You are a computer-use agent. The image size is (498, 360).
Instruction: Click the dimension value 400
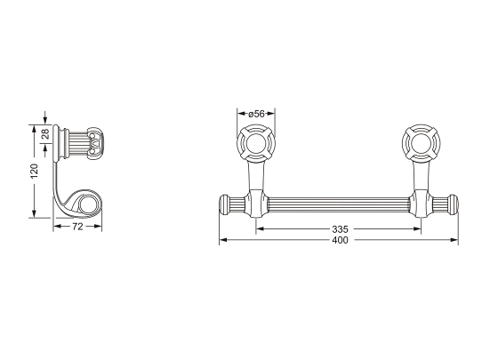(x=339, y=242)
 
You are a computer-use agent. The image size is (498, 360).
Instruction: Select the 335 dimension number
(x=339, y=229)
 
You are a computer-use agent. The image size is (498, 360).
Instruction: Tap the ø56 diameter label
(x=256, y=113)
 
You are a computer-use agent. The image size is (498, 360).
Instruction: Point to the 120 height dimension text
(x=34, y=172)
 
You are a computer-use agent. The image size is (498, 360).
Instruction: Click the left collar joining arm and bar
(x=256, y=204)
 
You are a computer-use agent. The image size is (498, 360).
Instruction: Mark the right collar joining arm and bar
(x=421, y=204)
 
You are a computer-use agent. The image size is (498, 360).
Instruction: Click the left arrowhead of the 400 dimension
(x=222, y=240)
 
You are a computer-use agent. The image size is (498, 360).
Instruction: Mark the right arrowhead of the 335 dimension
(x=418, y=228)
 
